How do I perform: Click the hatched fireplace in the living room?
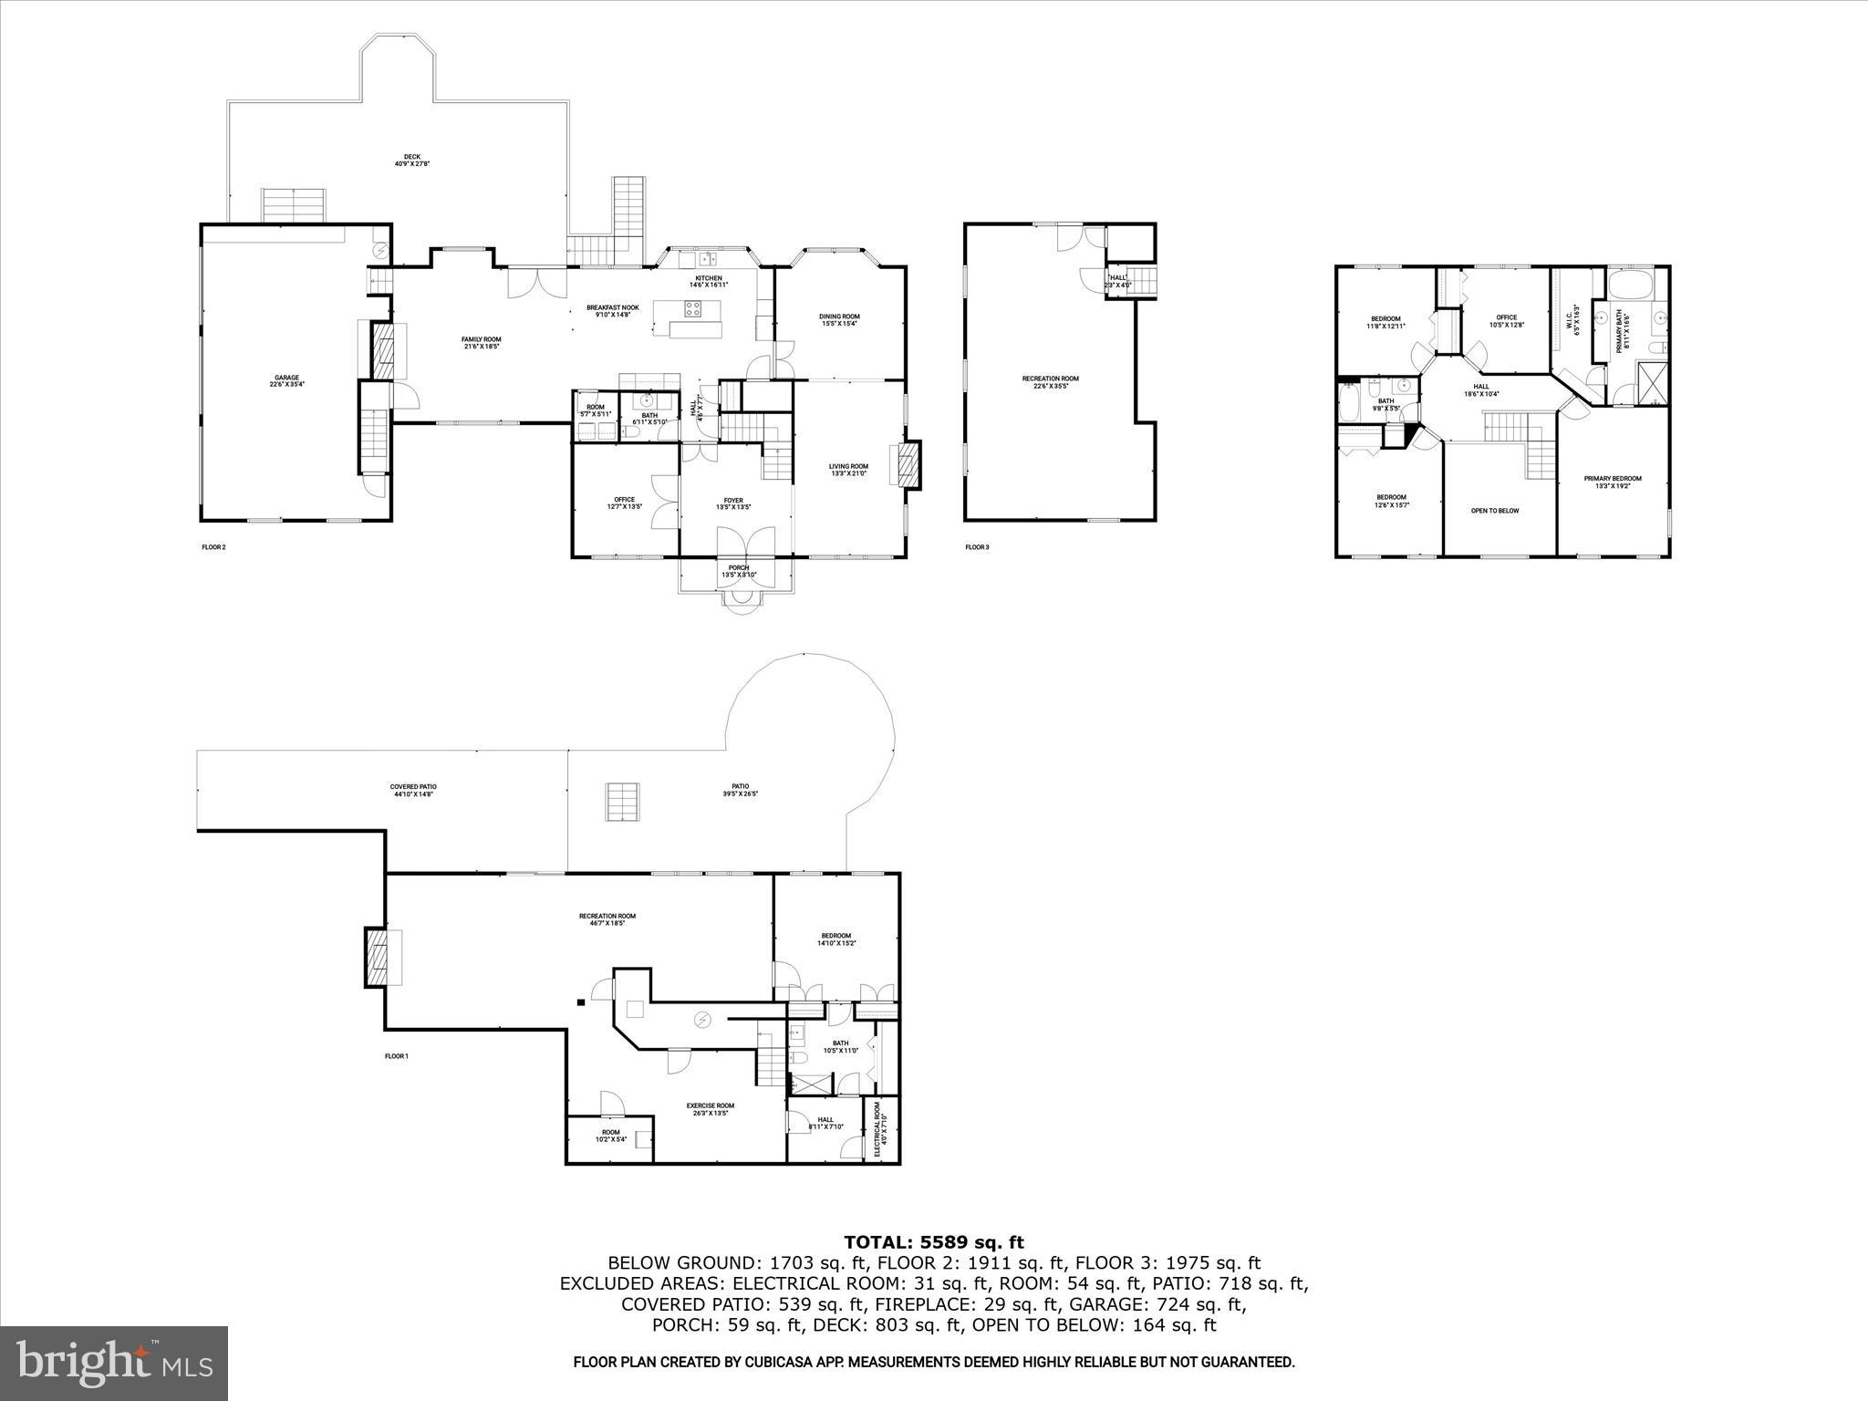[x=907, y=465]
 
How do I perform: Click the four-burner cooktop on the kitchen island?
[x=694, y=308]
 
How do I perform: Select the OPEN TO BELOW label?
[x=1495, y=511]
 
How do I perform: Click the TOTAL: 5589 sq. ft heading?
[x=933, y=1242]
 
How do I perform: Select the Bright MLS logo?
[x=114, y=1364]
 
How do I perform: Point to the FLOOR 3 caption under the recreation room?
[x=977, y=547]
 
